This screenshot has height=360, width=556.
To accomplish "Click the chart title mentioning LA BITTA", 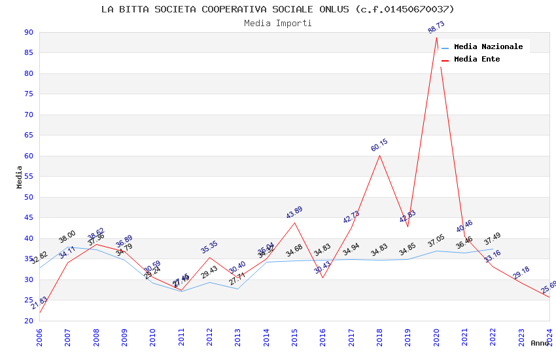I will [277, 9].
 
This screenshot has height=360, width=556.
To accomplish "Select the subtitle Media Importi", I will [277, 24].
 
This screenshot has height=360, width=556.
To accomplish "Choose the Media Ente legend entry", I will [477, 60].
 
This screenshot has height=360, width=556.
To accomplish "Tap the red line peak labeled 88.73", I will [436, 37].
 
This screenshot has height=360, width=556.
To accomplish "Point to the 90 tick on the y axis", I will [28, 32].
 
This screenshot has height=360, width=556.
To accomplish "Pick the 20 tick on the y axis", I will [28, 321].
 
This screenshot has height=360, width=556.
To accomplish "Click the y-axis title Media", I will [20, 177].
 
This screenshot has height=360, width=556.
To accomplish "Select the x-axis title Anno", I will [540, 343].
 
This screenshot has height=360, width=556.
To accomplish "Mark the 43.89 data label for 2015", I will [294, 213].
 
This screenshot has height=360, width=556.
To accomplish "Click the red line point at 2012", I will [209, 257].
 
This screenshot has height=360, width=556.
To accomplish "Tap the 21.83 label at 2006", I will [39, 302].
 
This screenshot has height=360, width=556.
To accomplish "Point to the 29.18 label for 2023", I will [521, 272].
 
